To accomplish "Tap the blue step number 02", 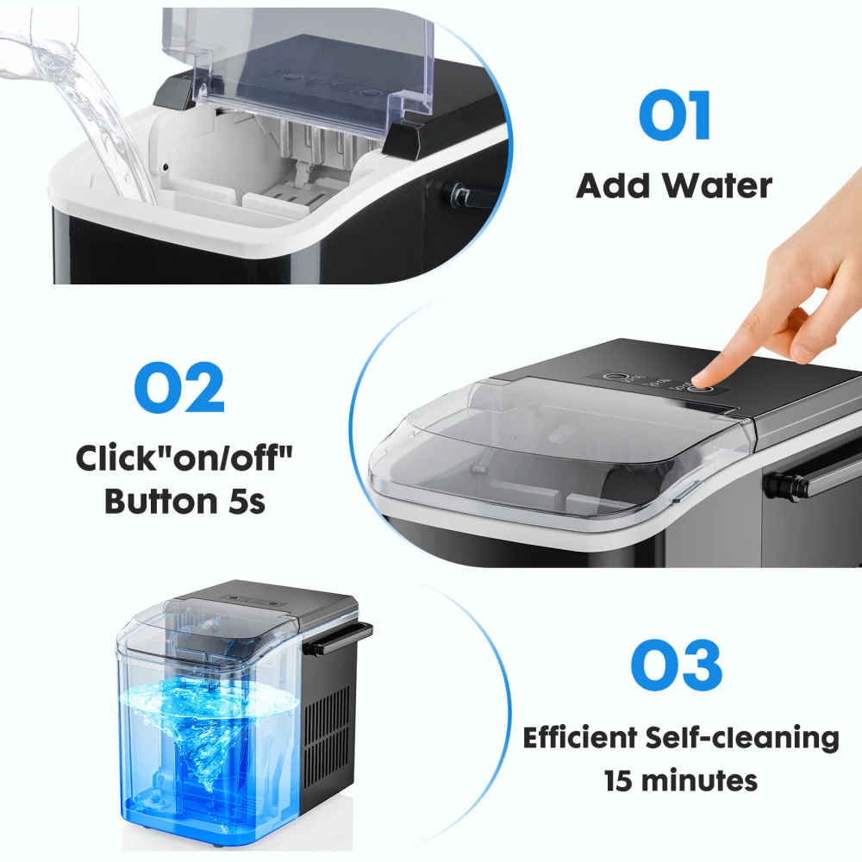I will pyautogui.click(x=179, y=390).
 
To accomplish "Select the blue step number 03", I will pyautogui.click(x=676, y=664).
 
